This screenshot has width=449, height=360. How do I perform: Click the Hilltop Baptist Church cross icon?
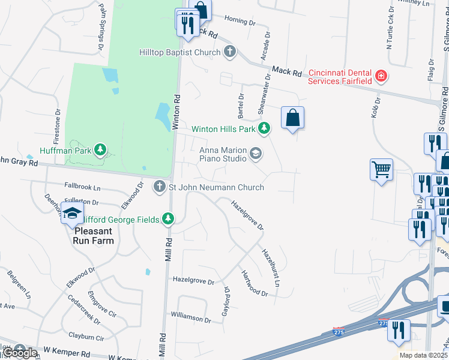[x=229, y=52]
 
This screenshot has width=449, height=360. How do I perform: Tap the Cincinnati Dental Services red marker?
[x=380, y=76]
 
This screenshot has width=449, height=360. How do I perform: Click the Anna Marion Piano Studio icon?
[x=256, y=154]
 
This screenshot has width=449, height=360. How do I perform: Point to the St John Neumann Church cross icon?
[x=160, y=187]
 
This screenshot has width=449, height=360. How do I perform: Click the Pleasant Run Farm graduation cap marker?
[x=72, y=214]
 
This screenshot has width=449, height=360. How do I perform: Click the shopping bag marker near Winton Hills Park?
[x=292, y=118]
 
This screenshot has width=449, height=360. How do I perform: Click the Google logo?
[x=20, y=353]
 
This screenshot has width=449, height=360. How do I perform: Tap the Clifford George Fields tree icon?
[x=169, y=220]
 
